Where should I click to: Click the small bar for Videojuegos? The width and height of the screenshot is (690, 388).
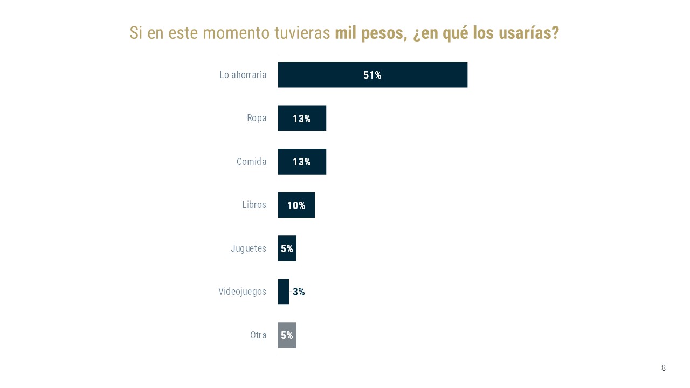[284, 292]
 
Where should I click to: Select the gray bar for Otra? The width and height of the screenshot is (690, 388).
[287, 335]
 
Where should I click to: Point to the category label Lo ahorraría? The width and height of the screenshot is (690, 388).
[243, 75]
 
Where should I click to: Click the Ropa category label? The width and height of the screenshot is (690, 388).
[257, 119]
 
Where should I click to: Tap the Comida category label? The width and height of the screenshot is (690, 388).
[251, 162]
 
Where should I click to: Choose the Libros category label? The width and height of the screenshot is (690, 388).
[254, 205]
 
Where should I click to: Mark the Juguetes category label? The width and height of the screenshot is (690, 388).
[249, 248]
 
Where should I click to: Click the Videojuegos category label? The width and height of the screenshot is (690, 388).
[242, 292]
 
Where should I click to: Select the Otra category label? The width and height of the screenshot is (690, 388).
[258, 335]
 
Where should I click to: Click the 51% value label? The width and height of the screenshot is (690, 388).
[372, 75]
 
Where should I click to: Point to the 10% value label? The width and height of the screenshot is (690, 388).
[296, 205]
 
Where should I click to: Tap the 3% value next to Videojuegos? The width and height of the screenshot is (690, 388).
[299, 292]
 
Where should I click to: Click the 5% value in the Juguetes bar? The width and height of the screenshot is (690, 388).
[287, 249]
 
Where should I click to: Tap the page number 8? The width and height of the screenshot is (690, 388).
[664, 368]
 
